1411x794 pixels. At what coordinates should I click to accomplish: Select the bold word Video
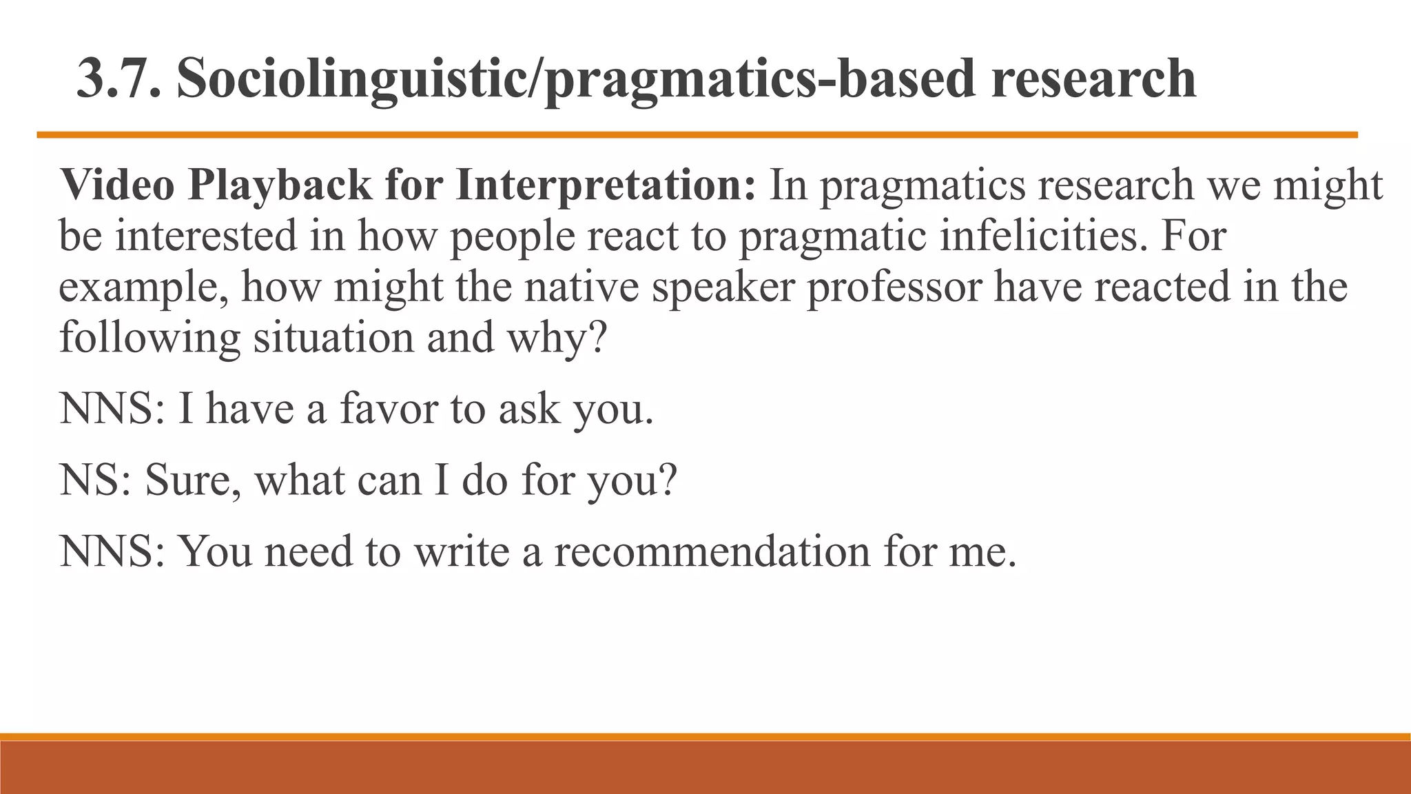117,185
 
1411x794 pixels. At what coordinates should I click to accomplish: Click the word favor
389,408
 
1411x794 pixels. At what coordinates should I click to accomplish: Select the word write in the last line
461,552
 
